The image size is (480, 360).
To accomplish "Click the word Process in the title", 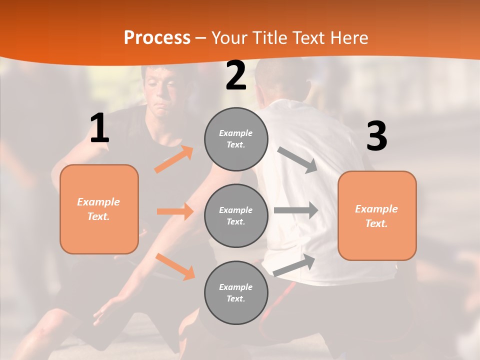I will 157,38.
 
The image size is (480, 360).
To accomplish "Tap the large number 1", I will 99,128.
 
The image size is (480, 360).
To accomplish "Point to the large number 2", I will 236,75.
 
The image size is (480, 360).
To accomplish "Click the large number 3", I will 376,136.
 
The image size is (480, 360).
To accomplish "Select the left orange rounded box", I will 99,209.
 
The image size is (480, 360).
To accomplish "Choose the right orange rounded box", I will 377,215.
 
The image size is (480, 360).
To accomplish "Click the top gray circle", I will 236,139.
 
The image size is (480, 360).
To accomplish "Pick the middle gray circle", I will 236,215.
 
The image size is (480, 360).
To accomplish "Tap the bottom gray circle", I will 236,292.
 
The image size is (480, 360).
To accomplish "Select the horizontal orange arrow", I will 175,211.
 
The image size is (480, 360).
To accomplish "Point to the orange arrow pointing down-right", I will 175,266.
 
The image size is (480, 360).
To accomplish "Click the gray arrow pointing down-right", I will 297,160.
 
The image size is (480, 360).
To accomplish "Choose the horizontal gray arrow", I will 296,210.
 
